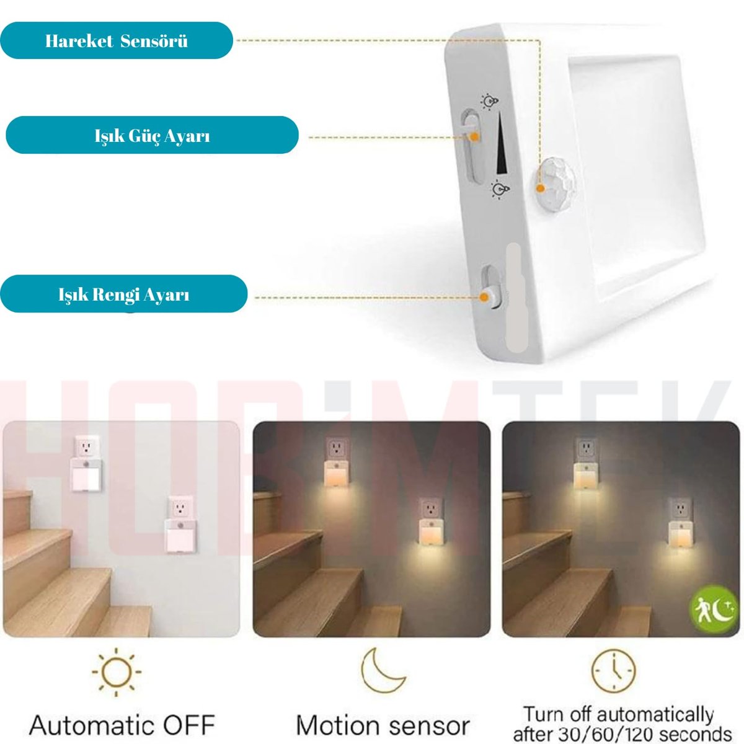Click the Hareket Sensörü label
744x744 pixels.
click(x=116, y=40)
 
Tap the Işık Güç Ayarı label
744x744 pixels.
click(x=152, y=135)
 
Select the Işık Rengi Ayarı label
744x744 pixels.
click(x=123, y=294)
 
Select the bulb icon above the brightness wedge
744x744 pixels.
click(x=489, y=102)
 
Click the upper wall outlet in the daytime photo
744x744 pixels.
click(x=87, y=447)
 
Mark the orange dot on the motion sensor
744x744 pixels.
click(x=541, y=188)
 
